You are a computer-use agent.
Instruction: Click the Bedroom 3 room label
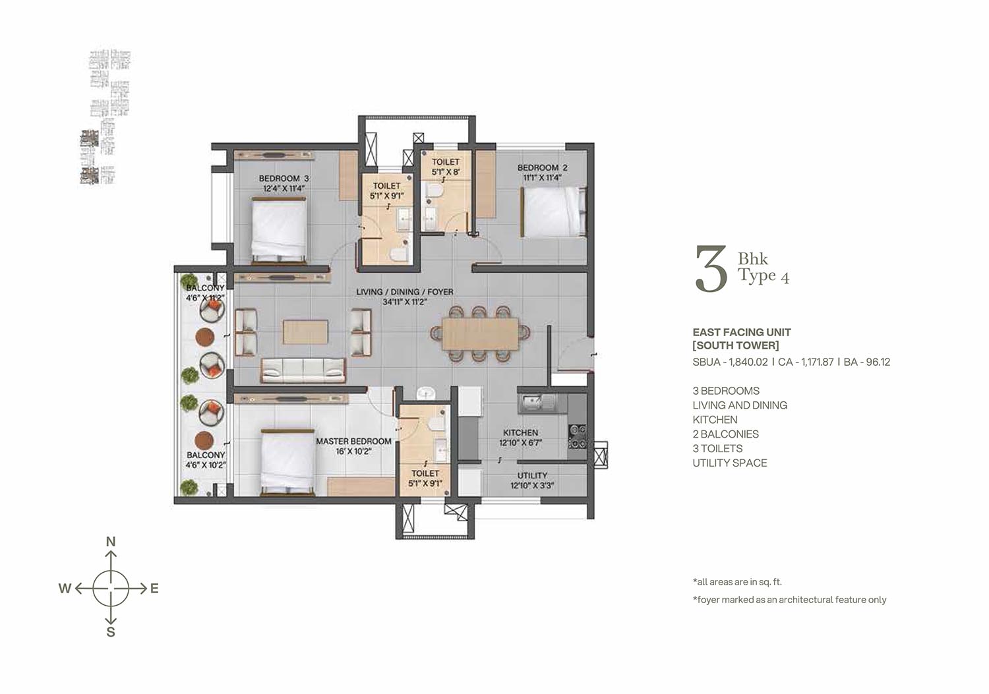[284, 179]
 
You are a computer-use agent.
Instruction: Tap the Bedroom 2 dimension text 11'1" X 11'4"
[542, 177]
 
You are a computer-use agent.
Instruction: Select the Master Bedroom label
[353, 441]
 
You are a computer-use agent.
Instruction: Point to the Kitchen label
[521, 432]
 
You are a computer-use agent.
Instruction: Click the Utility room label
[533, 475]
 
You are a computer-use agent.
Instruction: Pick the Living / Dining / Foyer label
[405, 292]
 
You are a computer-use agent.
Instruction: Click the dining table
[481, 333]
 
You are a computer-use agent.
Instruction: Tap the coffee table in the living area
[305, 332]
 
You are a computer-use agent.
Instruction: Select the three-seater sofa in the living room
[303, 370]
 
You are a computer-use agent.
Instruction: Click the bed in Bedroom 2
[553, 212]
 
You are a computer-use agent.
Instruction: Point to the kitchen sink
[537, 403]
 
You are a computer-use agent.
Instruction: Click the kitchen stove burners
[578, 436]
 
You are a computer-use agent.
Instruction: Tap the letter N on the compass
[111, 542]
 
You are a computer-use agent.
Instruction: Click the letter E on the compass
[154, 589]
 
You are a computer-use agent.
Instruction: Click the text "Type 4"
[764, 275]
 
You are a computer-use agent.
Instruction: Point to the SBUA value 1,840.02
[748, 362]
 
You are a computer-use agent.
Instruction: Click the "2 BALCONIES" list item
[726, 434]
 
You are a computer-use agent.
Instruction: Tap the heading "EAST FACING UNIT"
[742, 332]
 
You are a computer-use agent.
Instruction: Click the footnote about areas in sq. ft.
[737, 582]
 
